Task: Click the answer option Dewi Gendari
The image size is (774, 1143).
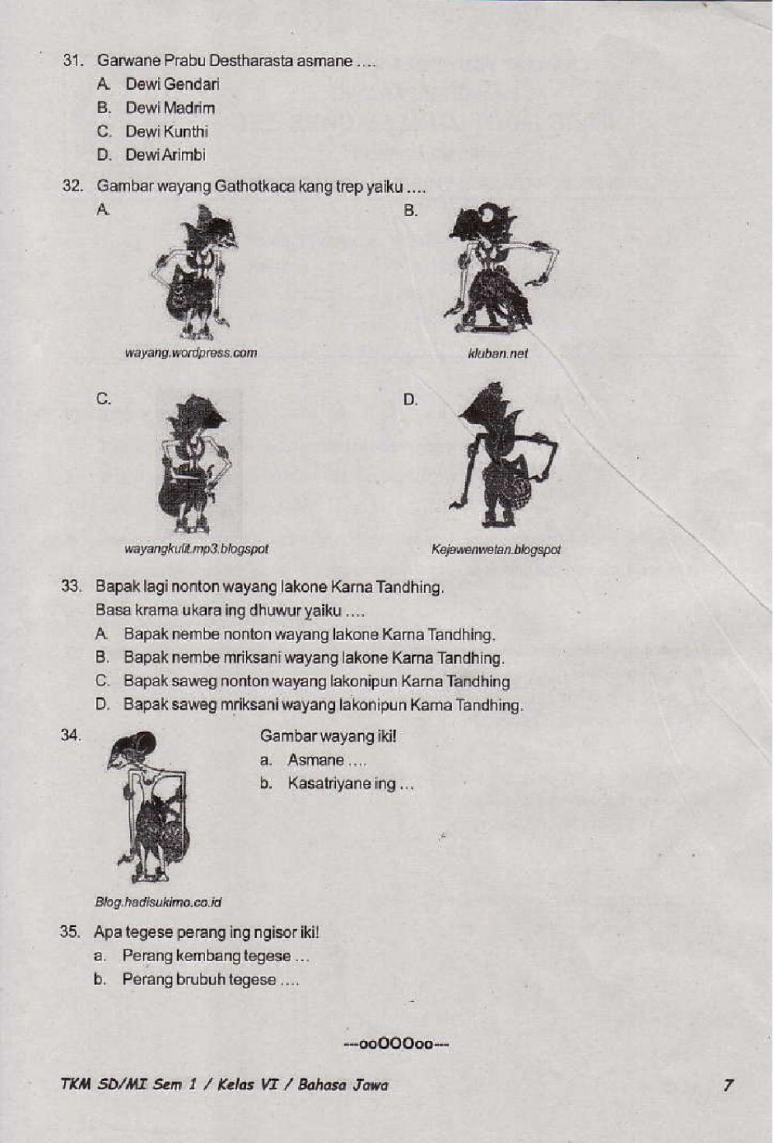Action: click(172, 84)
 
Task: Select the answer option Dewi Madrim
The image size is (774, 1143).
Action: click(170, 108)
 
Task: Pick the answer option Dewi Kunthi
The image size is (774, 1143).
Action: click(166, 132)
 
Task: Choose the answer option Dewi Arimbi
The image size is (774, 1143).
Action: click(165, 155)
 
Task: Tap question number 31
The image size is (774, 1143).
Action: click(73, 60)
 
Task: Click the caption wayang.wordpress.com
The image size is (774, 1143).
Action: click(190, 353)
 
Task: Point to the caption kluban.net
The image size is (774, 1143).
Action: click(498, 354)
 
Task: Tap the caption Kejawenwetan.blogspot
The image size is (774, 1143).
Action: click(495, 550)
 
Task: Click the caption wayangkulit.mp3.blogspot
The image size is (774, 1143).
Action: click(196, 549)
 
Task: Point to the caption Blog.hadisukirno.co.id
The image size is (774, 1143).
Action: click(158, 902)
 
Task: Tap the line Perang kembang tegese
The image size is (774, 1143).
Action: click(215, 956)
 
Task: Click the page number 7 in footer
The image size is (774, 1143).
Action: click(728, 1085)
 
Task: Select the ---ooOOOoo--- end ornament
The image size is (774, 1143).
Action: click(396, 1045)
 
